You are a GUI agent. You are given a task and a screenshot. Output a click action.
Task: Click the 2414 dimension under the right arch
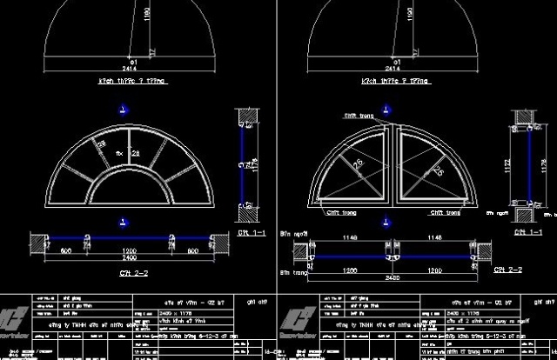click(x=396, y=67)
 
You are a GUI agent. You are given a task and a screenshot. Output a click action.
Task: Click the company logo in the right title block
click(x=293, y=316)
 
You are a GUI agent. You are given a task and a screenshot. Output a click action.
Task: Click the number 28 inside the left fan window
click(x=135, y=154)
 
